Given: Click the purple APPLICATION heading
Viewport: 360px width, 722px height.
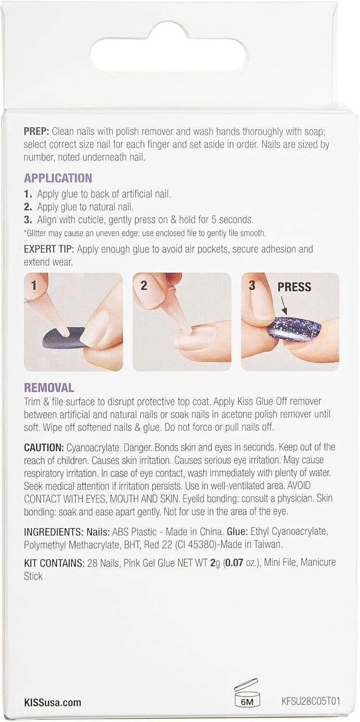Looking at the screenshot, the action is [58, 178].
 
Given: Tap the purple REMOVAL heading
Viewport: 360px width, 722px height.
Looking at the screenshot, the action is [49, 387].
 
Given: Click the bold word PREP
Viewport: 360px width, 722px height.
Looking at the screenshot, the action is [37, 131].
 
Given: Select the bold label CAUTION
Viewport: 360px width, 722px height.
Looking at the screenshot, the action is [44, 447].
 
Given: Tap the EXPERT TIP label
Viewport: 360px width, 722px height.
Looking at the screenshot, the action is [49, 249].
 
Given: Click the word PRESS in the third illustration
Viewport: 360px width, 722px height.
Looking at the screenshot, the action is [294, 287].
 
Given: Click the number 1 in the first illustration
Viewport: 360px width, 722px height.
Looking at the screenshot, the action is [34, 285].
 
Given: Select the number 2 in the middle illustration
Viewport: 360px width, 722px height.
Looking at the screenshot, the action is [144, 285].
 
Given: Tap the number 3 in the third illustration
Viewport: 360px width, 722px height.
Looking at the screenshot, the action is [252, 285].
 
